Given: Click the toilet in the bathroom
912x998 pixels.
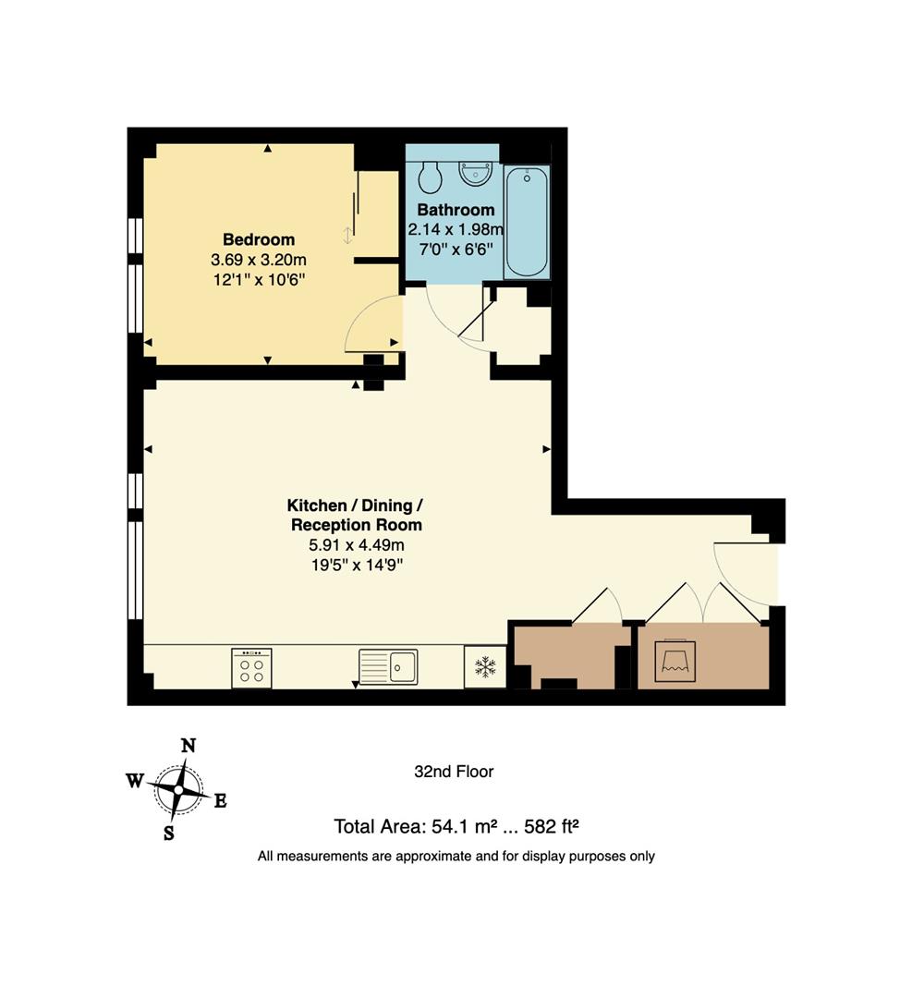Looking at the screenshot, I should (x=430, y=176).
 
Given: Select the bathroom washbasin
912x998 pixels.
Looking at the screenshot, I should (x=477, y=172).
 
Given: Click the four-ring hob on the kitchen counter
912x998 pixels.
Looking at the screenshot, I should (x=251, y=668).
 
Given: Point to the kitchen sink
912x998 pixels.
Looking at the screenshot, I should (x=389, y=666).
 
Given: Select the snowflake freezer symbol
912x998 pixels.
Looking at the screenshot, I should (x=485, y=667).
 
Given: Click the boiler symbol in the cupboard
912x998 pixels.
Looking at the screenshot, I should (x=675, y=659).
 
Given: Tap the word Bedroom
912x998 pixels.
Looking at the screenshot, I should (x=259, y=239).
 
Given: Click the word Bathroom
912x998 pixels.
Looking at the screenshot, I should (x=456, y=210).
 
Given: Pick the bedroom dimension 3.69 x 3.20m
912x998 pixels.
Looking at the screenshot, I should (x=259, y=262).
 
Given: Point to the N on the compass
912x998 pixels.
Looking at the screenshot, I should (x=188, y=746).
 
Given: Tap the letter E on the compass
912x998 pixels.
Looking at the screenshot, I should (x=220, y=801).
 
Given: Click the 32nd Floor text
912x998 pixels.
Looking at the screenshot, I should (x=454, y=772).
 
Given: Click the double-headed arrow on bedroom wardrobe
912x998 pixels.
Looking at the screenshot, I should (x=347, y=235).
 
